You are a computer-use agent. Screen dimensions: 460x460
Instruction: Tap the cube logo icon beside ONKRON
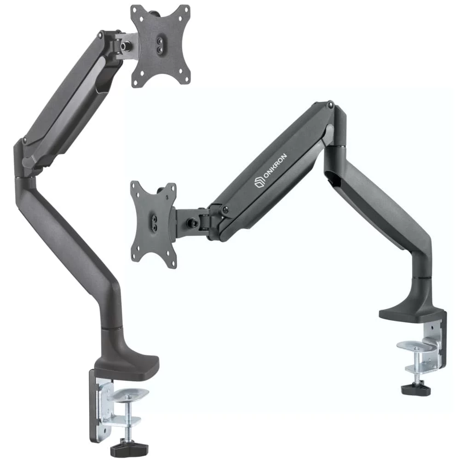coord(259,182)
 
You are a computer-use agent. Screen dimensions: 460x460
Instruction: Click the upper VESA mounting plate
coord(161,46)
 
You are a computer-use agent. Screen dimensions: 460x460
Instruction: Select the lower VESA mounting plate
coord(154,224)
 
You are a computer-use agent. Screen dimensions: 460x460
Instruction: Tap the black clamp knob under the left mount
coord(129,448)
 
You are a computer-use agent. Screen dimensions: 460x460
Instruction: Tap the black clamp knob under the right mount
coord(416,389)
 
